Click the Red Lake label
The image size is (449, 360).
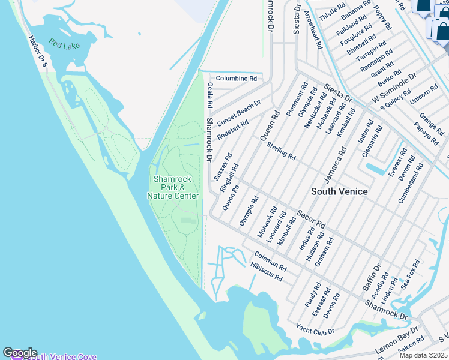tap(64, 44)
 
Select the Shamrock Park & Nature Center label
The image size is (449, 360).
tap(173, 187)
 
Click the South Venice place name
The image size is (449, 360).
tap(339, 191)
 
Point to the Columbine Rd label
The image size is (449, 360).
tap(236, 79)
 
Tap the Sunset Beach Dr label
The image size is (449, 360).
tap(239, 112)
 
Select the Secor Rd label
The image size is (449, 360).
tap(311, 219)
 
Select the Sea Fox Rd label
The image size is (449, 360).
tap(411, 274)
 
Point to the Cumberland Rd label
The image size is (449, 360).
tap(411, 182)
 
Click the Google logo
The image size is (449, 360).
tap(20, 353)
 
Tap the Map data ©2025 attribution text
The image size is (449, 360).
tap(423, 355)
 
